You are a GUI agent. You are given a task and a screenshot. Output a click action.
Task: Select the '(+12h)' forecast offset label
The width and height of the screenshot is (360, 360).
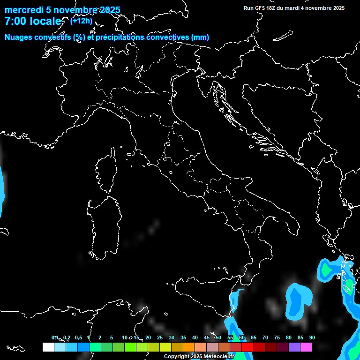pyautogui.click(x=81, y=21)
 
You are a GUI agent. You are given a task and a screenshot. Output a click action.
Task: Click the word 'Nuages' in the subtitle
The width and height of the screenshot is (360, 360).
pyautogui.click(x=19, y=37)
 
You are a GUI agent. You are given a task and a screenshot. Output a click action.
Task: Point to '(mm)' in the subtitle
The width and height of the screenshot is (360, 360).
pyautogui.click(x=200, y=37)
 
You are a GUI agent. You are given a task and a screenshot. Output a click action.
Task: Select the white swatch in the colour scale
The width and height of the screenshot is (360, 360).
pyautogui.click(x=48, y=347)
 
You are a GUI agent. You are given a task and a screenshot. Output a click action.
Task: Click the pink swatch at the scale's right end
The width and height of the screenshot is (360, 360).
pyautogui.click(x=306, y=347)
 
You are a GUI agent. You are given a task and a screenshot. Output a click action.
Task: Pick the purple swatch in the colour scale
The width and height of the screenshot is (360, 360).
pyautogui.click(x=294, y=347)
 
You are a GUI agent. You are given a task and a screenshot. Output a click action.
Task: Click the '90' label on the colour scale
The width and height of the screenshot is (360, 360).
pyautogui.click(x=312, y=337)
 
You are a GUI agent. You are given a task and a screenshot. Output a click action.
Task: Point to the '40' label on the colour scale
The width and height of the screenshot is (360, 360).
pyautogui.click(x=195, y=337)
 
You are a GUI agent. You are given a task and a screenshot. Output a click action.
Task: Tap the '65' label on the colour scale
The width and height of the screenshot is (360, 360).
pyautogui.click(x=253, y=337)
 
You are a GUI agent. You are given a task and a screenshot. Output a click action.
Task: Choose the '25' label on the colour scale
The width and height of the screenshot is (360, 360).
pyautogui.click(x=159, y=337)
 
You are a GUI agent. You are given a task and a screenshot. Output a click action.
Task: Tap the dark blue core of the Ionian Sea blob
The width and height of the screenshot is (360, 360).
pyautogui.click(x=296, y=300)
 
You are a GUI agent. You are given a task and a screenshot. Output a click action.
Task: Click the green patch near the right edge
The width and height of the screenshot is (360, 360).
pyautogui.click(x=325, y=270)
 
